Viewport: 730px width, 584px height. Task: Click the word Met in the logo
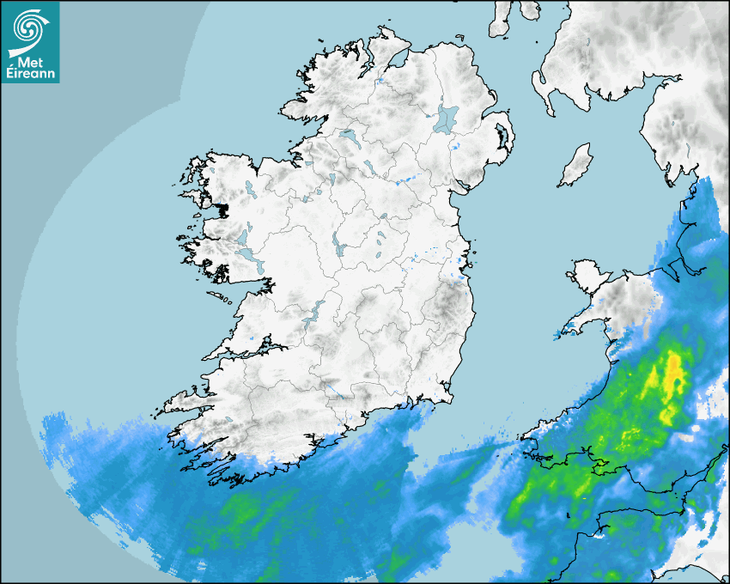[29, 62]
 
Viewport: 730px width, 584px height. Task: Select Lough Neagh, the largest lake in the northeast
[447, 118]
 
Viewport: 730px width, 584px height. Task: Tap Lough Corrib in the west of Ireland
[243, 236]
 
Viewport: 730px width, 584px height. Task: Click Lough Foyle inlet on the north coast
[396, 62]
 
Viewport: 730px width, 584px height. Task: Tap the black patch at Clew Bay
[222, 209]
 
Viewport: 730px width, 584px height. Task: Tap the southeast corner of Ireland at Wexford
[445, 397]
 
